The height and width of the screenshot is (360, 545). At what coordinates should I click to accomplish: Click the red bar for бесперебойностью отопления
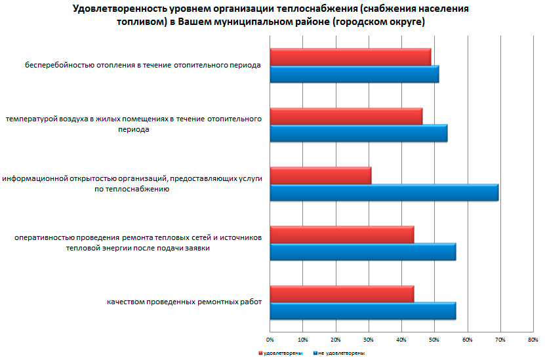350,57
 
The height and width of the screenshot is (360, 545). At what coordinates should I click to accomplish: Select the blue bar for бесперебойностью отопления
354,74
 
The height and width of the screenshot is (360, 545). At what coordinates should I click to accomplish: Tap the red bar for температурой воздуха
346,116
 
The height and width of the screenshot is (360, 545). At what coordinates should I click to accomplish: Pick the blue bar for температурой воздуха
358,133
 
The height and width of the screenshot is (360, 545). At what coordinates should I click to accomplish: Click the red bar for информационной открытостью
320,176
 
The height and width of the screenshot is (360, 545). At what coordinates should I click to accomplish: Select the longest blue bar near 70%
384,193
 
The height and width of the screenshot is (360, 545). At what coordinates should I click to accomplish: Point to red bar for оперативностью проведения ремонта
342,235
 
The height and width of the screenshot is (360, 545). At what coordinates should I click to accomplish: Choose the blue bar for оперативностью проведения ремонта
363,252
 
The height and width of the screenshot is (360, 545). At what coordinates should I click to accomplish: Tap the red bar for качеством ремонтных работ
342,294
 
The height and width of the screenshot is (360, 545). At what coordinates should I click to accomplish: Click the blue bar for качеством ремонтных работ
363,311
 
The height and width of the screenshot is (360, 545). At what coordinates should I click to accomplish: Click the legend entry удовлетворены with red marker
281,353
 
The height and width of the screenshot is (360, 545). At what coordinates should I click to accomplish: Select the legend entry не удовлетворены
340,353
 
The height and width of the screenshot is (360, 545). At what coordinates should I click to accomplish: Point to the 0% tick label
270,340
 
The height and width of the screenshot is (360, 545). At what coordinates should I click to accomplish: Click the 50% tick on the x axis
434,340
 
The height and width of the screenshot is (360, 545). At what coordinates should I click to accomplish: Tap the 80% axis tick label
533,340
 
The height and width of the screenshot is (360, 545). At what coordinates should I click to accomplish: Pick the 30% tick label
369,340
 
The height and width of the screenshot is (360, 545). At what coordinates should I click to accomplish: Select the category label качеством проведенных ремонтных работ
185,302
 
